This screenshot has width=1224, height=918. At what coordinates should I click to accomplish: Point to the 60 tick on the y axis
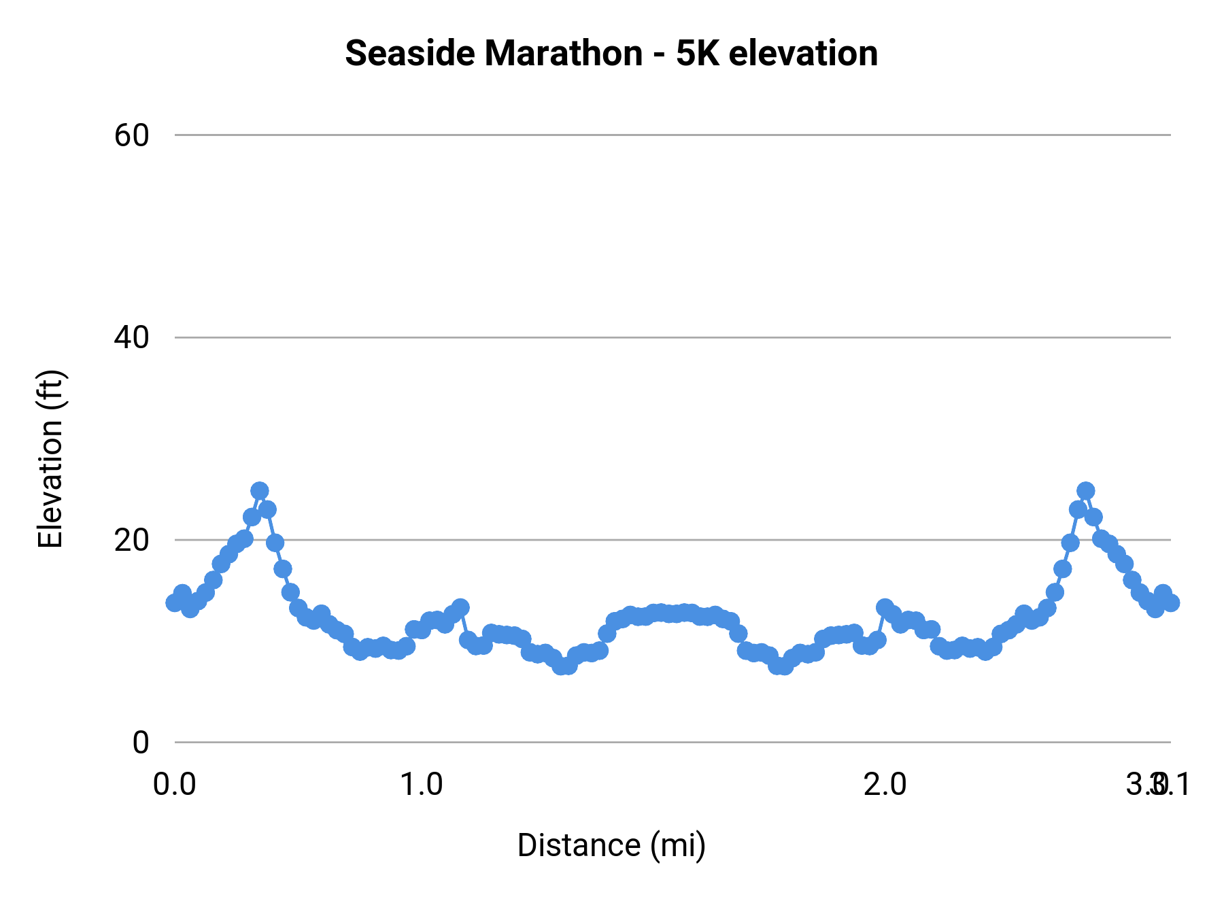131,135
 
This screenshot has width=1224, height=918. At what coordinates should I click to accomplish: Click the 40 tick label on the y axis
131,337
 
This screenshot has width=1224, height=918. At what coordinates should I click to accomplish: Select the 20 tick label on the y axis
131,540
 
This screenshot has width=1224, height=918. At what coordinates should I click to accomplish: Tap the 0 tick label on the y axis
140,742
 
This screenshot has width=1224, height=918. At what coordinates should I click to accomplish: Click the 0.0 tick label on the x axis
175,784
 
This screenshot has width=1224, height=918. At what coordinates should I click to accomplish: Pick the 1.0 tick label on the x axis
421,784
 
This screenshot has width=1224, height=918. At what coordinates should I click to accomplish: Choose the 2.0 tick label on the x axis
885,784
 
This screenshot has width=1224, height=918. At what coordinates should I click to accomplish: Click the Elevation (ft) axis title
50,459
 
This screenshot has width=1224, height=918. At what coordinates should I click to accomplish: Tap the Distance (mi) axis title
611,845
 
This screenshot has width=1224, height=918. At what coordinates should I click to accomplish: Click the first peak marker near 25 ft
259,491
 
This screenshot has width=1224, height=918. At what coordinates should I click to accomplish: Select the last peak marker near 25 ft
1086,491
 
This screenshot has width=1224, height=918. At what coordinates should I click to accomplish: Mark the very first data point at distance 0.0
175,602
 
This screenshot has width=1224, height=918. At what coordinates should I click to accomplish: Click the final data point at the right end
1171,602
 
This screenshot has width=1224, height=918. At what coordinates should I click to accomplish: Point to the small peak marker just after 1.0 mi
460,607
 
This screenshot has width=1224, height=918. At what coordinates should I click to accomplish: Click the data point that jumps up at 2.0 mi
885,607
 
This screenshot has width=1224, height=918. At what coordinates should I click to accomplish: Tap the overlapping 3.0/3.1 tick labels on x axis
1157,784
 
